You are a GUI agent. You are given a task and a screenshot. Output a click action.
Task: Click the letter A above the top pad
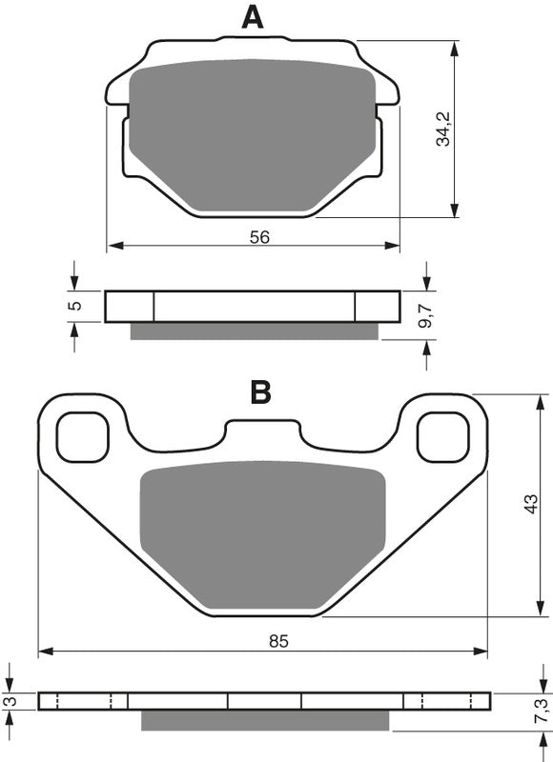[x=252, y=17]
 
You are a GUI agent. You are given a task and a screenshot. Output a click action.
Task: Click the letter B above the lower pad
[x=261, y=392]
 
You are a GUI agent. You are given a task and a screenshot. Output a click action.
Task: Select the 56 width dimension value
[x=259, y=238]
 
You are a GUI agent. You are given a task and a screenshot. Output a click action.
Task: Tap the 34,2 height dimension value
[x=440, y=128]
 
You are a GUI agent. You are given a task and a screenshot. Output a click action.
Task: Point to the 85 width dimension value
[x=277, y=642]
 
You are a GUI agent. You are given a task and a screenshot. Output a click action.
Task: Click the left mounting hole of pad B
[x=82, y=436]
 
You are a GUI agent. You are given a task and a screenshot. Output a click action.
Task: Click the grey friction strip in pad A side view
[x=254, y=331]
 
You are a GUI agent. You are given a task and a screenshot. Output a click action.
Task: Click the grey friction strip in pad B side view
[x=266, y=720]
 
